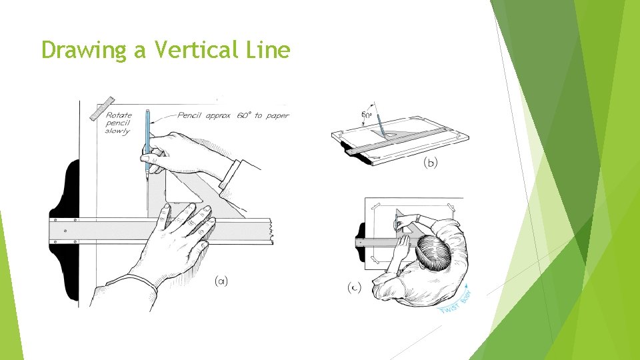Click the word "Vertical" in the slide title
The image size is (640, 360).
pos(188,49)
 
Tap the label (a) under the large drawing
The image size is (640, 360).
pos(221,281)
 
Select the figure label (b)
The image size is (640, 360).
pos(430,162)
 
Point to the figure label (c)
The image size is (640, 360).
pos(354,288)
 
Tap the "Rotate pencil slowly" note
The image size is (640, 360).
pos(118,123)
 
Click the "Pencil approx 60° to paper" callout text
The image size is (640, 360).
pos(233,115)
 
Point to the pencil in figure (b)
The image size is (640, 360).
pos(379,124)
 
